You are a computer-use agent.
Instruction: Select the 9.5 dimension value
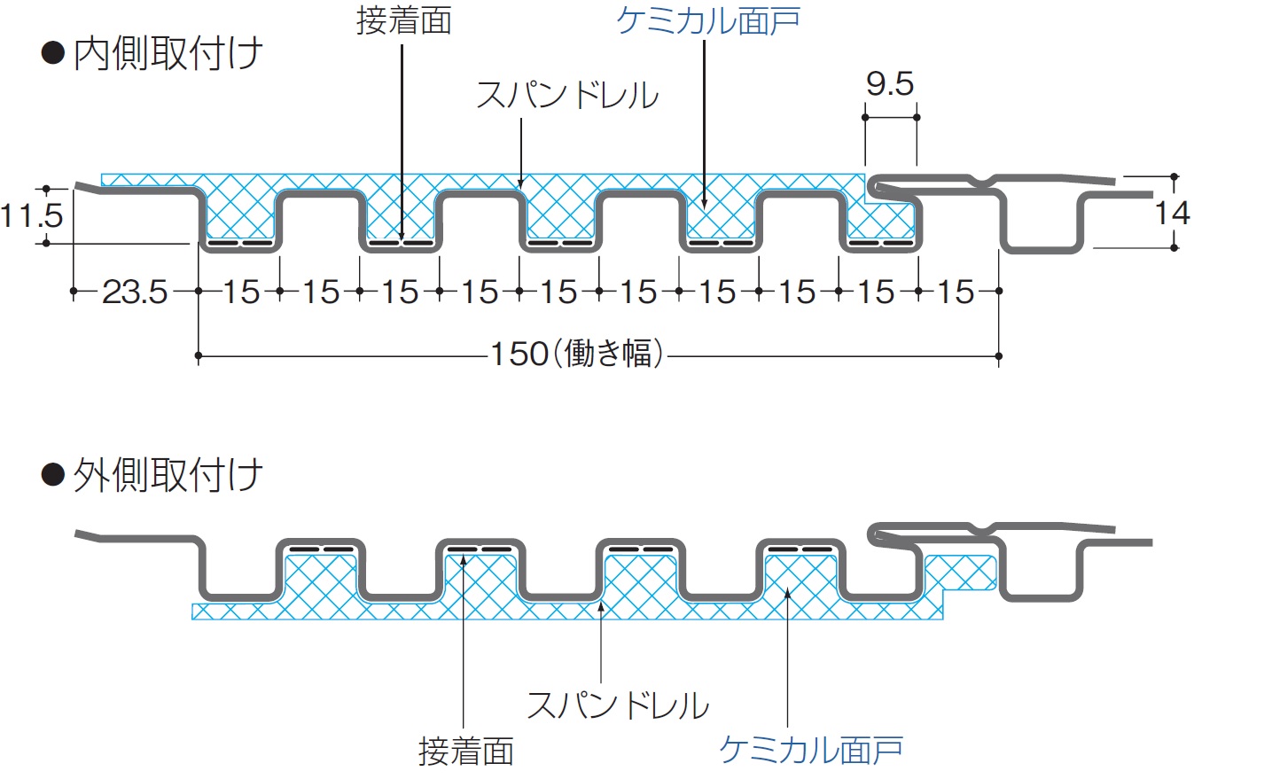[x=889, y=84]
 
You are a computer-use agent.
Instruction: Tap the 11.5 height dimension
[x=31, y=215]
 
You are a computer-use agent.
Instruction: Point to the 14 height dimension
[x=1171, y=214]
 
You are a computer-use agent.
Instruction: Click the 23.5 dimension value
[x=135, y=292]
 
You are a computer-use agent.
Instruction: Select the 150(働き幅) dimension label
[x=577, y=354]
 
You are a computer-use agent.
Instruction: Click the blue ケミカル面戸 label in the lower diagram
[x=810, y=750]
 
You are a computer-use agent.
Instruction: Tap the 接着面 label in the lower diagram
[x=466, y=752]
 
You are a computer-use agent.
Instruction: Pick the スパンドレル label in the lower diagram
[x=618, y=706]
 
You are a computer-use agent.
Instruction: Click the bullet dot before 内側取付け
[x=53, y=53]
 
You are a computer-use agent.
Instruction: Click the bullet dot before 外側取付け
[x=53, y=475]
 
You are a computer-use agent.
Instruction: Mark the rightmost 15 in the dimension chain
[x=956, y=292]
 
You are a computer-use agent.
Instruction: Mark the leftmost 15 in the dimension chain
[x=240, y=292]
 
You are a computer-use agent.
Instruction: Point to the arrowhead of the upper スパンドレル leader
[x=521, y=184]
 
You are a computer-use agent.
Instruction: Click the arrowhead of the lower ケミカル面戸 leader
[x=787, y=592]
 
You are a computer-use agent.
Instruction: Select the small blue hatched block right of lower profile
[x=959, y=573]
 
